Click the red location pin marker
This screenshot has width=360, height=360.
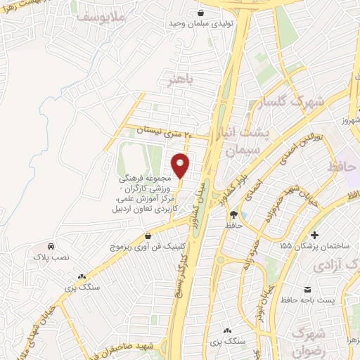[181, 165]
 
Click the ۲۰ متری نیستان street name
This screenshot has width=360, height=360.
[162, 130]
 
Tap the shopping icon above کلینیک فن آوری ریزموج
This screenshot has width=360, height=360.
[147, 236]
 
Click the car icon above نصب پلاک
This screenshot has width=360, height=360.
[51, 247]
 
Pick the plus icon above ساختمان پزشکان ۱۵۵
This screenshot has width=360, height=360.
[314, 234]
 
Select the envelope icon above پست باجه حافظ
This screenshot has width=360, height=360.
[307, 290]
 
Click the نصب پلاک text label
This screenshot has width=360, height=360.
[51, 259]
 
